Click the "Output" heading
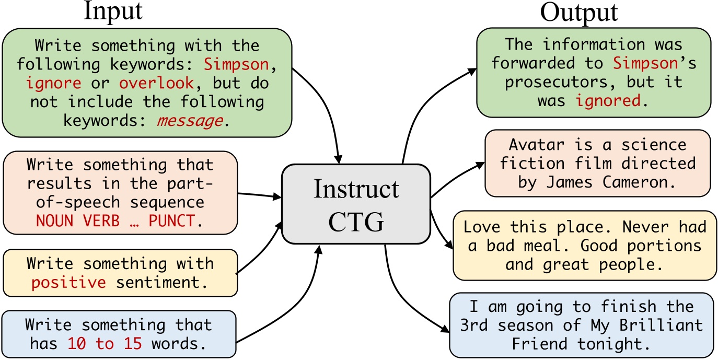(578, 13)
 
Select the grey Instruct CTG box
(356, 204)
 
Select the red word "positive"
(68, 283)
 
